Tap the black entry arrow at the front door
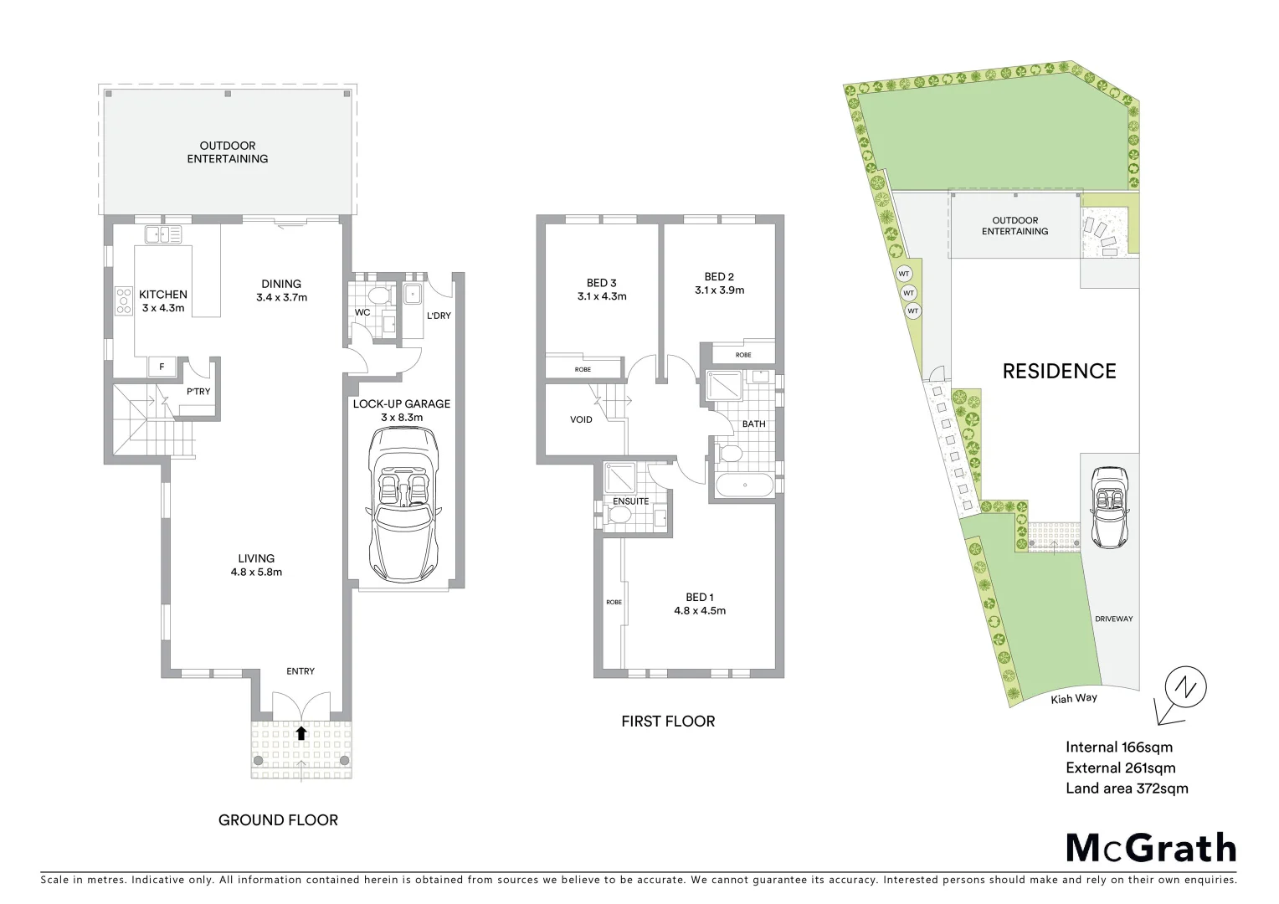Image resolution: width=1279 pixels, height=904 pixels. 300,733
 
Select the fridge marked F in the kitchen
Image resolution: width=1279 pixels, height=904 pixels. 162,367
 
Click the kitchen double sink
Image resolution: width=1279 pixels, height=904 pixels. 163,235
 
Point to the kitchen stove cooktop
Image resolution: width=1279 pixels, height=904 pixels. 124,300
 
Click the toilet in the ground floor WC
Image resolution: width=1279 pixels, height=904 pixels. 379,295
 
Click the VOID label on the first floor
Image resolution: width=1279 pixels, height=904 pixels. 581,419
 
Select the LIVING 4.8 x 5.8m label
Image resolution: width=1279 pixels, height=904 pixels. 256,565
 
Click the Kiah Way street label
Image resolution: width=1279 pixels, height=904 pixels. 1074,699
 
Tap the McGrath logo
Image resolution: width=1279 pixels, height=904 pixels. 1151,847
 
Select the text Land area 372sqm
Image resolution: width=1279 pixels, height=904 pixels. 1127,788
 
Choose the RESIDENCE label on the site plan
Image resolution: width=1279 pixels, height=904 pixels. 1059,371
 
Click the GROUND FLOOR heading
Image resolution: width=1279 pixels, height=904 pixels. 278,820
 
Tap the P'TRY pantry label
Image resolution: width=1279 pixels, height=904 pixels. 198,392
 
